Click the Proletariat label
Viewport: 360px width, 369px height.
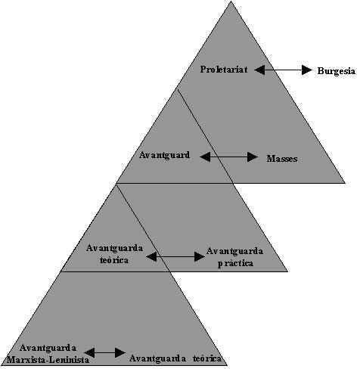tap(224, 70)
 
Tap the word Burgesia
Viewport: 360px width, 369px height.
tap(337, 71)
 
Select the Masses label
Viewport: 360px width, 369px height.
tap(282, 159)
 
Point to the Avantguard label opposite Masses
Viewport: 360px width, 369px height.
tap(164, 155)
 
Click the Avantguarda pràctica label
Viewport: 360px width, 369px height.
tap(235, 257)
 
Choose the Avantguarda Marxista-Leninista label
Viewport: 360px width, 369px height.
tap(48, 354)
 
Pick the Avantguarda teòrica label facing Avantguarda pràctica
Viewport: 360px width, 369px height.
tap(114, 254)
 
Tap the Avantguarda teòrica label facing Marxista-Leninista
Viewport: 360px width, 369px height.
tap(175, 358)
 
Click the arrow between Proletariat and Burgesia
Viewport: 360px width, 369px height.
tap(283, 70)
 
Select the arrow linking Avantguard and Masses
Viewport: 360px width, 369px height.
tap(228, 157)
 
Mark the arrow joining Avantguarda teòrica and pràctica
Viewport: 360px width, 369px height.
tap(175, 257)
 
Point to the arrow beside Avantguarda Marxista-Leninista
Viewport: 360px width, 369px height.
tap(104, 352)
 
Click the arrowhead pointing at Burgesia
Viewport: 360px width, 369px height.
tap(307, 70)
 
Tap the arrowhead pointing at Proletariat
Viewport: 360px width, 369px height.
tap(259, 70)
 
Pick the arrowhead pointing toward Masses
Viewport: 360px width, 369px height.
tap(253, 157)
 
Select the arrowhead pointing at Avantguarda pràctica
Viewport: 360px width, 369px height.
tap(200, 257)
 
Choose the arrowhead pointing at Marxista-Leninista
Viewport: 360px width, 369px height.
tap(89, 352)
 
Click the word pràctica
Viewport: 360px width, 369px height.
tap(235, 263)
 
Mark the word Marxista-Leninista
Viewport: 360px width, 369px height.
tap(48, 360)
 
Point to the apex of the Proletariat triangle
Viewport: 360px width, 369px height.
tap(231, 2)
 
